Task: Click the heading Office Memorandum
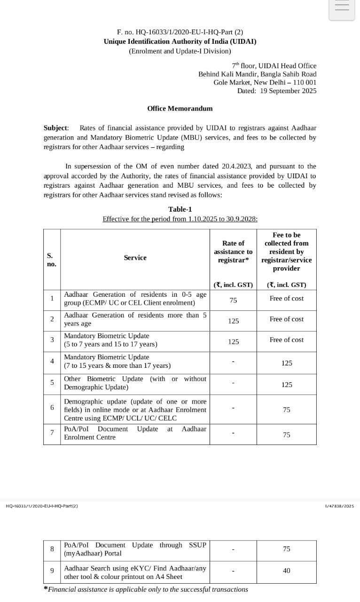(x=180, y=109)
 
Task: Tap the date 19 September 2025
(x=288, y=91)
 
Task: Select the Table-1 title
(x=180, y=209)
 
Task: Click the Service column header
(x=135, y=258)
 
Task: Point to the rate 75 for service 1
(x=233, y=300)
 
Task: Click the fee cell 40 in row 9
(x=286, y=570)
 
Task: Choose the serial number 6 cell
(x=52, y=407)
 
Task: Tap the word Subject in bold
(x=55, y=128)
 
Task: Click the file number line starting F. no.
(x=180, y=32)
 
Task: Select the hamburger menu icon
(x=342, y=7)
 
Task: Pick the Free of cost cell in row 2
(x=286, y=319)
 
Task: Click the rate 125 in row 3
(x=233, y=342)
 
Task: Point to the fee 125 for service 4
(x=286, y=363)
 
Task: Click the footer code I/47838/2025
(x=339, y=506)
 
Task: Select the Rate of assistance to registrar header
(x=233, y=252)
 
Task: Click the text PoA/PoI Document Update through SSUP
(x=135, y=545)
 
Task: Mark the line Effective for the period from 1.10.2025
(x=180, y=219)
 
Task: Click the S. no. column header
(x=52, y=260)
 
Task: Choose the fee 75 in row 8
(x=286, y=549)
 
